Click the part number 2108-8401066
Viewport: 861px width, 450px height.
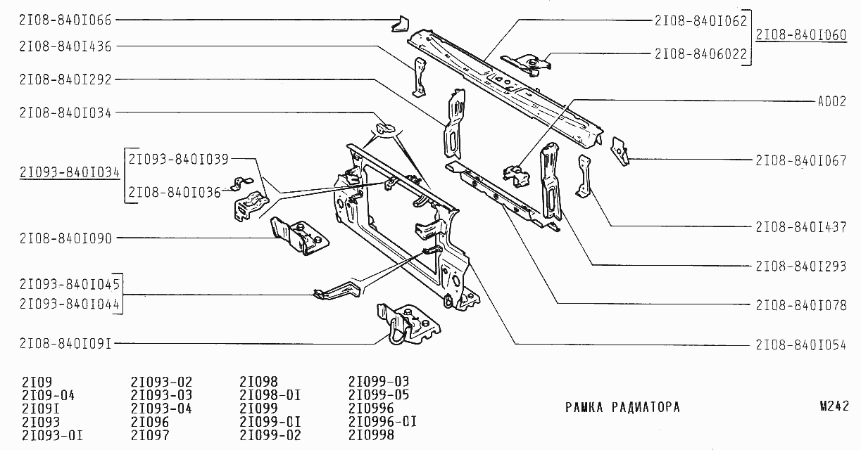65,20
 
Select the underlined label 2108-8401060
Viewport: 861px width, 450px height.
801,35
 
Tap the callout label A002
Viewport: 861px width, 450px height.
832,101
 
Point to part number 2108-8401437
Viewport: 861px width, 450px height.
801,227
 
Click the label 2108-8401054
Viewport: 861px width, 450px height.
801,345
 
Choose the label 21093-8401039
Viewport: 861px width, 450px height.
178,159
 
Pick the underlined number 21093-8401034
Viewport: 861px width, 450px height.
70,172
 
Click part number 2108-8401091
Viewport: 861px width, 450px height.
65,344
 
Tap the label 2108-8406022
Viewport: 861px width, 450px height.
700,54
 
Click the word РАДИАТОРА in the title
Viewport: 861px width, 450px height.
646,407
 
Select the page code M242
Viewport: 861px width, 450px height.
834,406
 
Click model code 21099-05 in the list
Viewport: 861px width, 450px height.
379,394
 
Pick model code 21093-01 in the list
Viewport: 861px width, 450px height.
52,435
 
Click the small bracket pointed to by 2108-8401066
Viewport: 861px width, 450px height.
400,24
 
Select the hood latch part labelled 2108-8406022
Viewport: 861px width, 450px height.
527,65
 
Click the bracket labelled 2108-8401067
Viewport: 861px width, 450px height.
620,151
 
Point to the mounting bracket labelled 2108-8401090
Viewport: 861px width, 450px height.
300,236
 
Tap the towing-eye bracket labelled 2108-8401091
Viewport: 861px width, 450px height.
408,324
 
